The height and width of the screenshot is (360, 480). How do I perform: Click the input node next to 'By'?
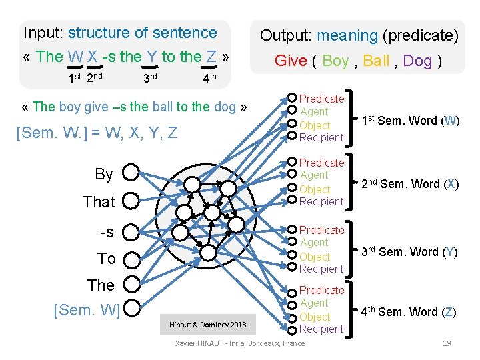click(131, 173)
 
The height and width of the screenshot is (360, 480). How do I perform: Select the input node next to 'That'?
click(131, 199)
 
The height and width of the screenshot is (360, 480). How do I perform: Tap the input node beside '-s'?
click(131, 231)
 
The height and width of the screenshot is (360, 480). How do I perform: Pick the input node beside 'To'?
click(131, 258)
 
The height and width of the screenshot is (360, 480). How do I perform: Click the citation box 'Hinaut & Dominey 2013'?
click(207, 325)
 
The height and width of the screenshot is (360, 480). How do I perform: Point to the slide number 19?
click(447, 343)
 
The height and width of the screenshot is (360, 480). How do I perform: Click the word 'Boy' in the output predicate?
click(335, 61)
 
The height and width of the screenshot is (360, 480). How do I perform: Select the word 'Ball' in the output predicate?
click(377, 61)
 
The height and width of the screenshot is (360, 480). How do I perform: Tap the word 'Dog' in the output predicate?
click(418, 61)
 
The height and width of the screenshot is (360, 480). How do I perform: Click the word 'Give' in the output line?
click(291, 61)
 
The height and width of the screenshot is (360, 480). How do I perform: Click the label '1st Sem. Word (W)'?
click(409, 121)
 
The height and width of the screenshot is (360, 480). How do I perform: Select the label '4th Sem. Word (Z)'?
click(409, 311)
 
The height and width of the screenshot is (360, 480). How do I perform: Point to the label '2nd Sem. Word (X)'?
click(409, 184)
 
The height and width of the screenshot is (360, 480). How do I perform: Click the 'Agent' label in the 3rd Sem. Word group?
click(314, 243)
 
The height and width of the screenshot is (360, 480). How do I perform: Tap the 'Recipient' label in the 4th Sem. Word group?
click(321, 329)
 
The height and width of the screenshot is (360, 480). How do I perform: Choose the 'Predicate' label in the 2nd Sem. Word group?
click(321, 163)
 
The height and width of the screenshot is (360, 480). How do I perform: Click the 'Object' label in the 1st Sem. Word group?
click(315, 125)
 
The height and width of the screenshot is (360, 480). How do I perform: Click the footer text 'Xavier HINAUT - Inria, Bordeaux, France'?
click(239, 343)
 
